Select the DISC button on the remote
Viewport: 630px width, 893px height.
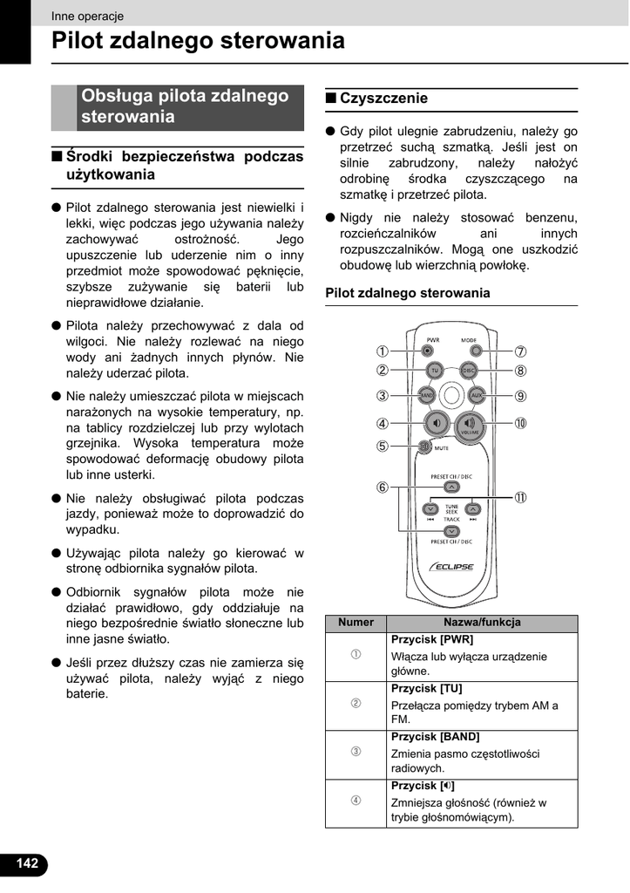click(x=469, y=371)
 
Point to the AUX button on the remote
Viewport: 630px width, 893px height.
click(x=476, y=395)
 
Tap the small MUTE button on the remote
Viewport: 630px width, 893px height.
click(x=425, y=447)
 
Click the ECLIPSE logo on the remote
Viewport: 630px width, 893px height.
click(x=450, y=567)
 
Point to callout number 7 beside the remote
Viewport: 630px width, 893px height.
click(x=520, y=352)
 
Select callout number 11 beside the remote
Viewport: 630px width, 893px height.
click(x=520, y=498)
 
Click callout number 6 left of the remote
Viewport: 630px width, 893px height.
click(x=382, y=487)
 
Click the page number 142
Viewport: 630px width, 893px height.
click(x=26, y=863)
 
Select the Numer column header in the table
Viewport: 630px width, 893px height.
click(x=356, y=623)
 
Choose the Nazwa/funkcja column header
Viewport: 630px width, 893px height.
click(x=482, y=623)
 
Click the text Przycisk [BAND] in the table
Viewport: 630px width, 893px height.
click(x=435, y=737)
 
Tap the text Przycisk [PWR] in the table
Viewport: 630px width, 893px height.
click(x=432, y=639)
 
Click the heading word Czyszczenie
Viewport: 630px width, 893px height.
click(x=383, y=99)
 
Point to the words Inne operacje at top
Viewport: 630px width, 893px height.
click(x=87, y=16)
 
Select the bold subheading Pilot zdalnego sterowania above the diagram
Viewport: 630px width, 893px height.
click(x=407, y=293)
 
